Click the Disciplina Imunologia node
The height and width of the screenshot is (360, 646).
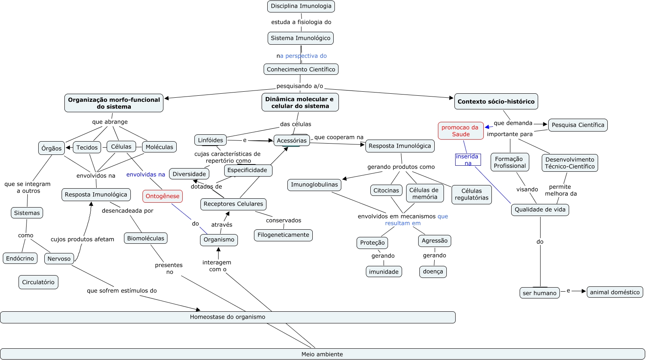click(301, 6)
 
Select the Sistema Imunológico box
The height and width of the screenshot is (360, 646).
click(301, 38)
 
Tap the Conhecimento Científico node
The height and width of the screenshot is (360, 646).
click(301, 70)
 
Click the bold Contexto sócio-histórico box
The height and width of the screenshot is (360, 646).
click(496, 102)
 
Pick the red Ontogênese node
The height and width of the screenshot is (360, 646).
click(163, 196)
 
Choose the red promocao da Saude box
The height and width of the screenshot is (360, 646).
click(460, 131)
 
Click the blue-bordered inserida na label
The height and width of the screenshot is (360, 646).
click(468, 160)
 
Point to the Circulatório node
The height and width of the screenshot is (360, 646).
click(38, 282)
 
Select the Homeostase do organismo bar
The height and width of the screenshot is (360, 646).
click(228, 317)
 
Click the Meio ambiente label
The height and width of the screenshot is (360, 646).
click(322, 354)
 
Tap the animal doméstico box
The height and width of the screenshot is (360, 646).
click(615, 292)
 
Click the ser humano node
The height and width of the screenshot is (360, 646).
click(540, 293)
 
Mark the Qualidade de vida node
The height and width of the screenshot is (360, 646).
click(540, 210)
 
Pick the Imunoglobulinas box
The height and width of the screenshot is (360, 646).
click(314, 185)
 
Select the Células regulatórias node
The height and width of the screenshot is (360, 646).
click(471, 195)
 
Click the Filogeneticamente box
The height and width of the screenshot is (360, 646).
click(283, 235)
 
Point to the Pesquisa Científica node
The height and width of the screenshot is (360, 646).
click(578, 125)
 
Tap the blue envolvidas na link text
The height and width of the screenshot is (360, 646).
click(146, 175)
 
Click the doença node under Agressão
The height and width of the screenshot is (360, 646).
click(433, 272)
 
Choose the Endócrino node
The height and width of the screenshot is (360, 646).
click(20, 259)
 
